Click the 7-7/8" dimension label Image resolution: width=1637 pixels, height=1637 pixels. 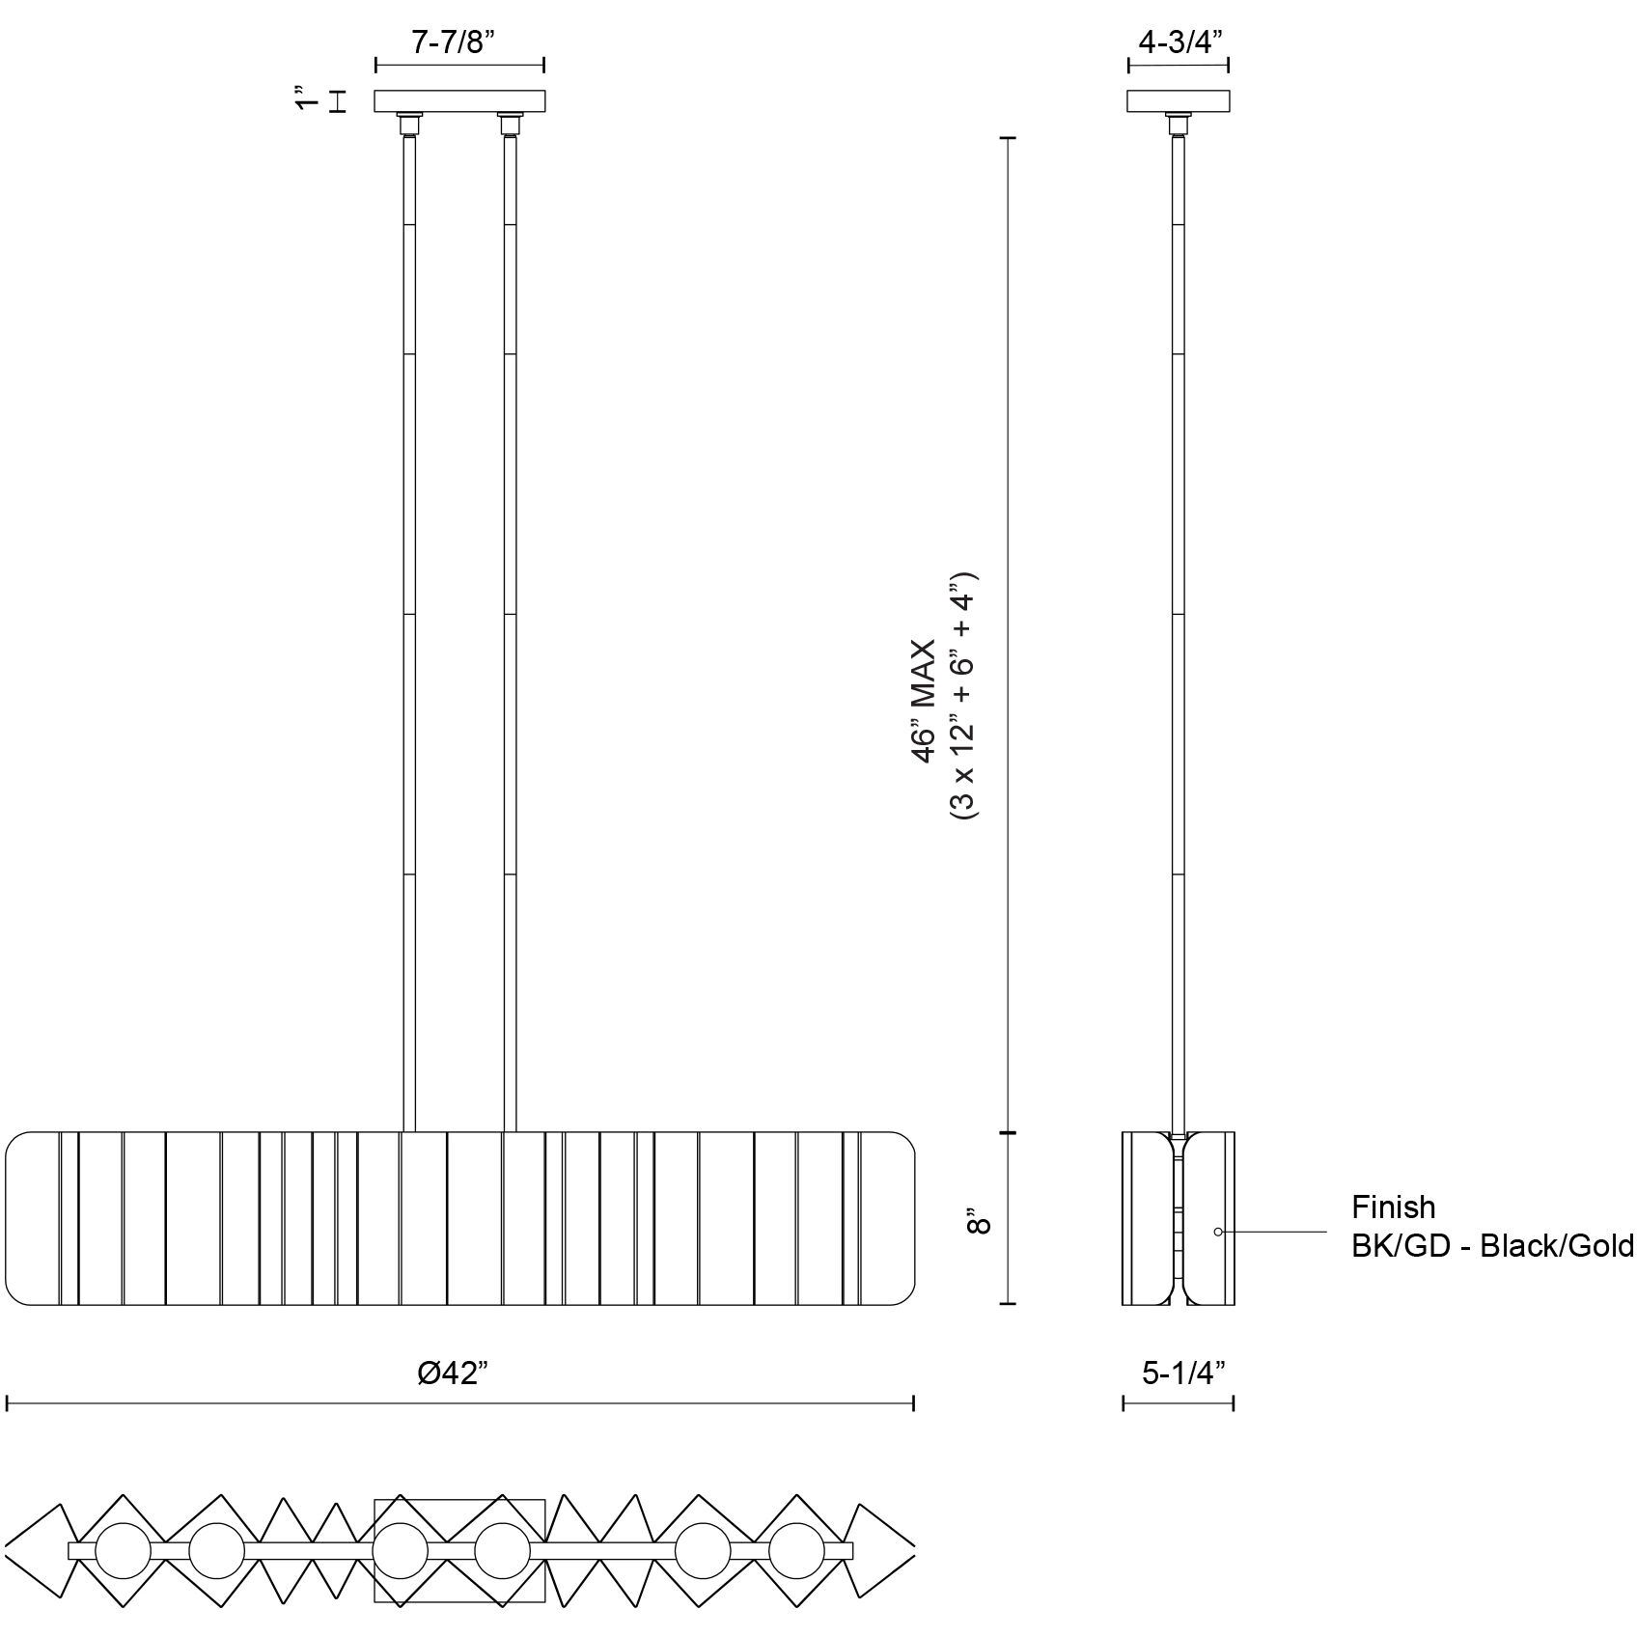[459, 43]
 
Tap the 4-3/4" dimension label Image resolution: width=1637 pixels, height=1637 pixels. [1180, 43]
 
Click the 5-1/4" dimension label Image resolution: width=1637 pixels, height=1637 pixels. [1183, 1373]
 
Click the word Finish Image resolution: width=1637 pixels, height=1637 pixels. [1393, 1207]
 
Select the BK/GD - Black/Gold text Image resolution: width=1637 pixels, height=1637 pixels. [1492, 1246]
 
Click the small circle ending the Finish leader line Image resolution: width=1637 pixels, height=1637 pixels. [1218, 1232]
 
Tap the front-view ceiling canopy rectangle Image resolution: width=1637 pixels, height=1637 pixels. [460, 101]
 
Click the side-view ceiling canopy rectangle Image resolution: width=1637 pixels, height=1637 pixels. [1179, 101]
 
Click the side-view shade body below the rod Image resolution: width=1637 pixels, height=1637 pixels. [1179, 1218]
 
